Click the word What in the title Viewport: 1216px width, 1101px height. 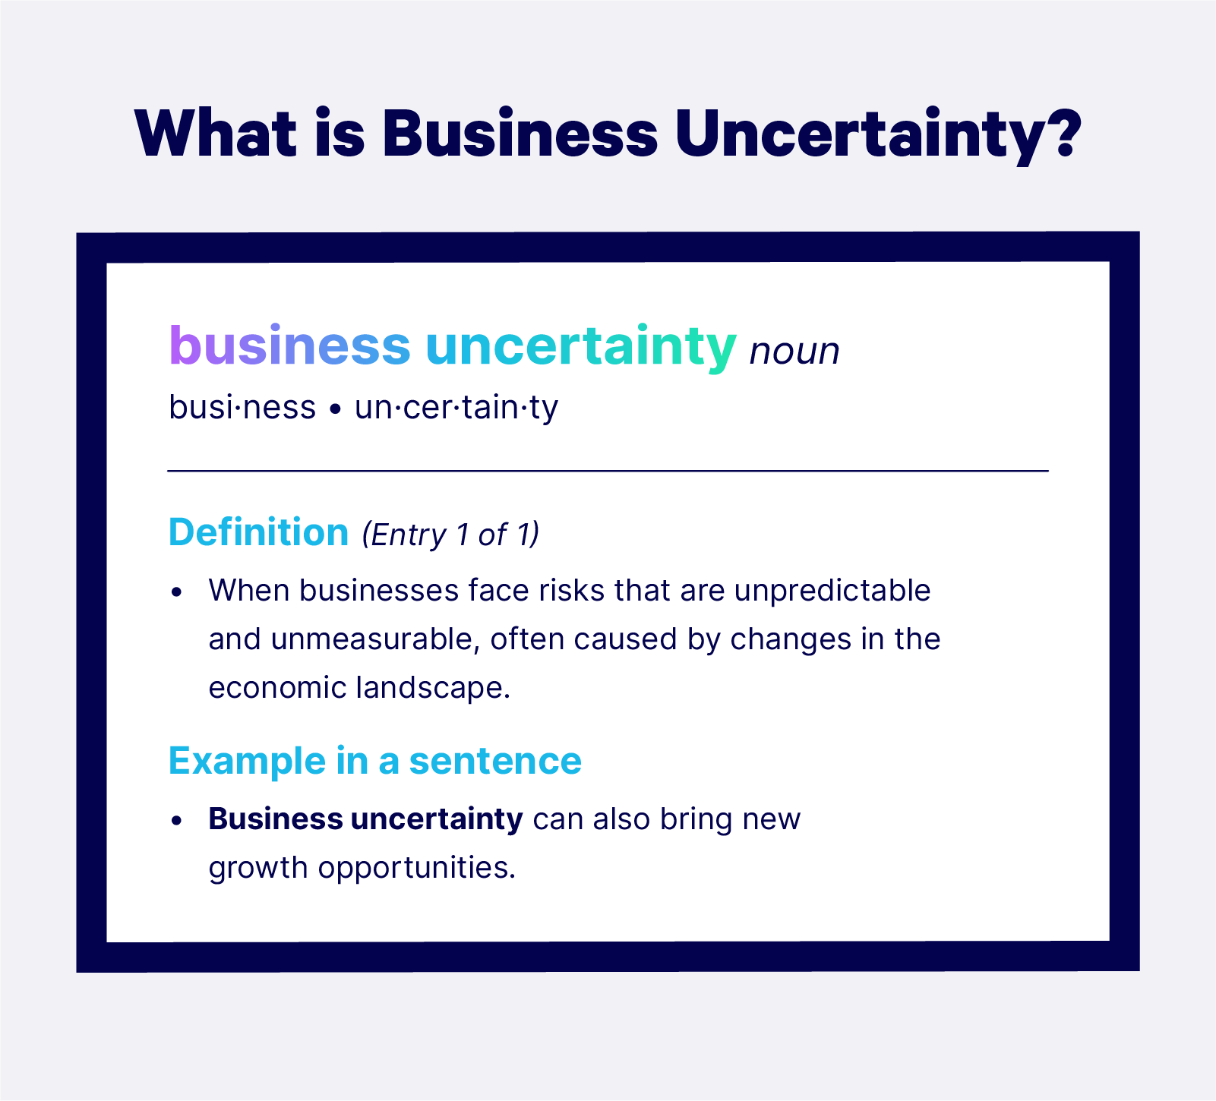point(216,133)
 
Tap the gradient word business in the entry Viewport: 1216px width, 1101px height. point(289,346)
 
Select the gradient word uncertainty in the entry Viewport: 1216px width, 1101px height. point(581,346)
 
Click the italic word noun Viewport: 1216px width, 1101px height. point(794,352)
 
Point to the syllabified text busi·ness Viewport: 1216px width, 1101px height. point(242,407)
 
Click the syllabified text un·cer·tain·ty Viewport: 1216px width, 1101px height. point(456,407)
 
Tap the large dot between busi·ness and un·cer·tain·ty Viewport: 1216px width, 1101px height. point(334,410)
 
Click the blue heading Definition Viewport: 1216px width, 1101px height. point(258,532)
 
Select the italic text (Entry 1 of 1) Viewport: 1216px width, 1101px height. point(450,535)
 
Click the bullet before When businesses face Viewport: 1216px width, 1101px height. point(177,592)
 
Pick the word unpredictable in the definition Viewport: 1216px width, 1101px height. point(832,591)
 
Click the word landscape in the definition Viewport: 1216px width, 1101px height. point(432,688)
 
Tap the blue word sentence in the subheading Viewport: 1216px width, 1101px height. point(495,761)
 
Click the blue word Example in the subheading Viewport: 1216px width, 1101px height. point(246,761)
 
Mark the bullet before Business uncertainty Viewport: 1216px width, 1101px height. point(177,821)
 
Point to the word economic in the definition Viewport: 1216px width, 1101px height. point(276,688)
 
